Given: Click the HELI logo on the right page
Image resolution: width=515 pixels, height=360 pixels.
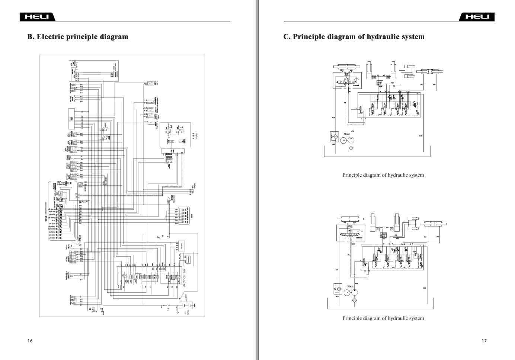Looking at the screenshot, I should (477, 17).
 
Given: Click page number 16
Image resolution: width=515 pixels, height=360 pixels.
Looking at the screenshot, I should (30, 341).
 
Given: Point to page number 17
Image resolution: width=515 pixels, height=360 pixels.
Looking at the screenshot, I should (484, 341).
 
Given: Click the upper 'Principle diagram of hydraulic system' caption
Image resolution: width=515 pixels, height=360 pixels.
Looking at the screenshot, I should (383, 175).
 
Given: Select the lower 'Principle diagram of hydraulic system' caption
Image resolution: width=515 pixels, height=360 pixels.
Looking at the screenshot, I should (383, 318).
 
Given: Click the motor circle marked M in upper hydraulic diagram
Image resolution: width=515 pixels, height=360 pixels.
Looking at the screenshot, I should (344, 140).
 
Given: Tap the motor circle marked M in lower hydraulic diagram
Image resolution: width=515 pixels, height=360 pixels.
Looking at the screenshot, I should (347, 292).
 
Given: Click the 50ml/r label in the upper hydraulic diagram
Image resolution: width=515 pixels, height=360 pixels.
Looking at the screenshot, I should (348, 134).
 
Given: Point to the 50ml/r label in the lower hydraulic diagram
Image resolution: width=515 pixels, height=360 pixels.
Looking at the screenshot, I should (352, 286).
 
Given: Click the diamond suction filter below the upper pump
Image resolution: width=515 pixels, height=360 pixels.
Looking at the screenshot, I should (351, 148).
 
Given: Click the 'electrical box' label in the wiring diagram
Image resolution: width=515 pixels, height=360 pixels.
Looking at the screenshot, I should (184, 278).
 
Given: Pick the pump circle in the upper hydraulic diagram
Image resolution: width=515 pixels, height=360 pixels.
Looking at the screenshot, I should (351, 140).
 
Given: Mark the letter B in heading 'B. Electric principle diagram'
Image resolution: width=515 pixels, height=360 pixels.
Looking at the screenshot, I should (30, 37).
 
